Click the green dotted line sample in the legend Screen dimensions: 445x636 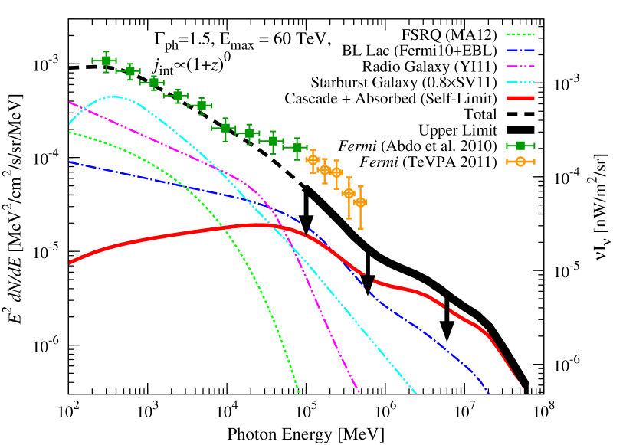point(520,34)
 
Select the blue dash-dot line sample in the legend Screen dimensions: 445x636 point(520,51)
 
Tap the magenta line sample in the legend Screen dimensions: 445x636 point(520,67)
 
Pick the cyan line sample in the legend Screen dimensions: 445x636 point(520,82)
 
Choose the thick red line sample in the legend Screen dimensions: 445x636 point(520,98)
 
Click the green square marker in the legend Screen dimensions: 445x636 point(520,146)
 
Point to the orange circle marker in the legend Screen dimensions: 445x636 point(520,162)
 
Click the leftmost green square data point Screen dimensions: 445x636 point(106,61)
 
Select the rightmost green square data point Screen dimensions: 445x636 point(297,148)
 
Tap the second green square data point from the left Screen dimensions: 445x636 point(129,71)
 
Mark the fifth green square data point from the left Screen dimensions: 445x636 point(201,105)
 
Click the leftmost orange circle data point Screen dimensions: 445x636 point(313,160)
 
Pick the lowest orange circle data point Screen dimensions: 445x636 point(360,202)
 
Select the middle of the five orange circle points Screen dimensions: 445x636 point(336,172)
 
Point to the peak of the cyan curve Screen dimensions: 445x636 point(114,97)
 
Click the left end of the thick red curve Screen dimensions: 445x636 point(70,263)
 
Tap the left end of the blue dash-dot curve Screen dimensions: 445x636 point(70,162)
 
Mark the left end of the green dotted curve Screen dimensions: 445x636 point(70,133)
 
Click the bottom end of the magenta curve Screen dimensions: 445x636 point(358,392)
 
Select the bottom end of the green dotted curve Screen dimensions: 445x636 point(298,392)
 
